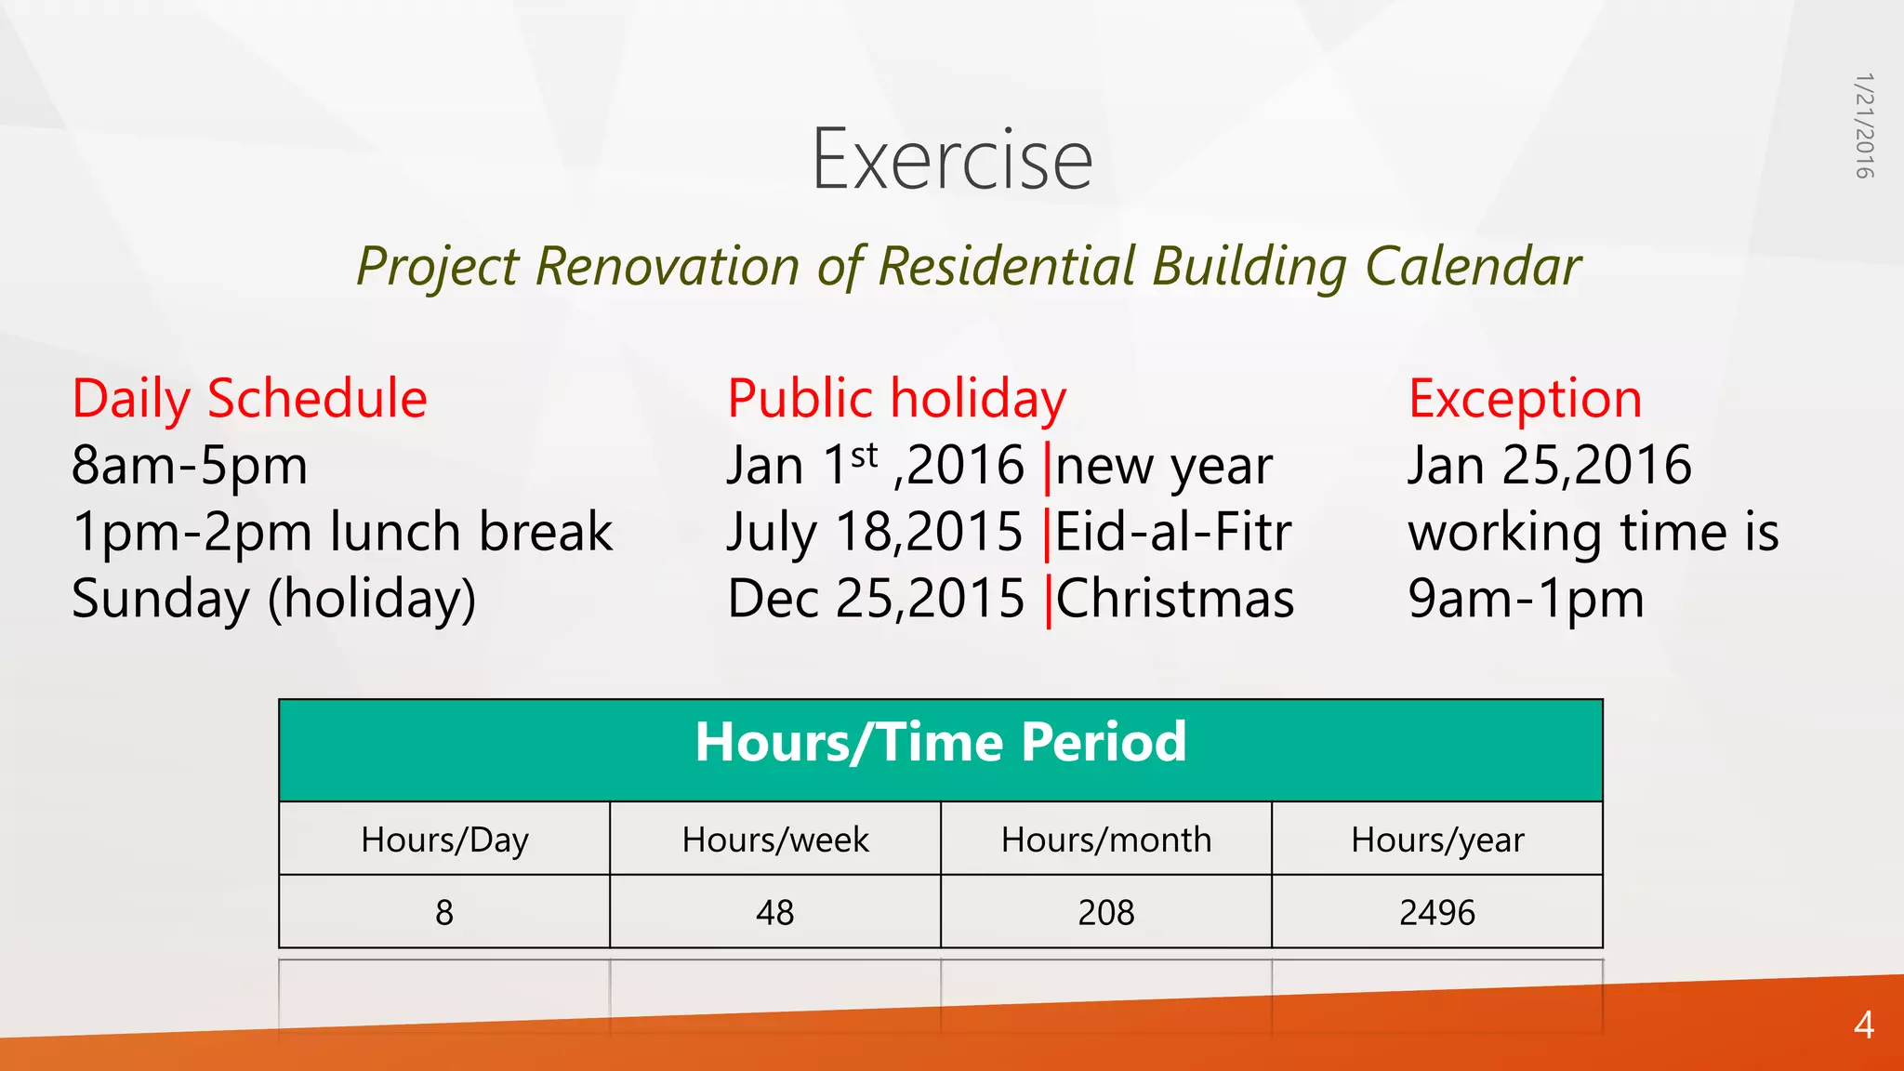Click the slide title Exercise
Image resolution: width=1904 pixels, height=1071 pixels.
point(952,160)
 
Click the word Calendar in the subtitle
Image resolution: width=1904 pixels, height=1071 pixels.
point(1473,267)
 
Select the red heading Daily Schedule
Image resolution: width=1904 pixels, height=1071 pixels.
point(249,399)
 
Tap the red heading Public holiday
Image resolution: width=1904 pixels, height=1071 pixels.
point(896,399)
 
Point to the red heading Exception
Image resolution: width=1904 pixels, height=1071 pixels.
point(1525,399)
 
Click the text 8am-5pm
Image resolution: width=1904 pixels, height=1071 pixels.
point(190,466)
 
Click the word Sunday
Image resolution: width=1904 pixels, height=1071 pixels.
point(160,599)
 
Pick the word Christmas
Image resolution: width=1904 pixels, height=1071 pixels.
point(1175,599)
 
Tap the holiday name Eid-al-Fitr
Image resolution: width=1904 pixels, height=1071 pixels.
point(1173,532)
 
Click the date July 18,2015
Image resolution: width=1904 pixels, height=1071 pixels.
point(874,532)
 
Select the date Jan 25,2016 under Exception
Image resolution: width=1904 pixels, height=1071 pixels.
point(1549,466)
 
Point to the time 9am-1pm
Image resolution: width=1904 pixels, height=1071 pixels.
point(1526,599)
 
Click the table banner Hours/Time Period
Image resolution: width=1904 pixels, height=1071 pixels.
point(941,743)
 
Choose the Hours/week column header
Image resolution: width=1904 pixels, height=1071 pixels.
point(775,840)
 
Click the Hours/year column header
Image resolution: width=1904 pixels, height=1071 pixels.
point(1437,840)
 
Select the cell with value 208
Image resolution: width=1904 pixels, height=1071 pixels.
point(1106,912)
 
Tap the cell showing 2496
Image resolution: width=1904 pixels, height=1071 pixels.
point(1437,912)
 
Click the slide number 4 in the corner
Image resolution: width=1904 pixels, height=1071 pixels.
point(1863,1025)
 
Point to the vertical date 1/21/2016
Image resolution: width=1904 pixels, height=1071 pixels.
point(1864,126)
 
